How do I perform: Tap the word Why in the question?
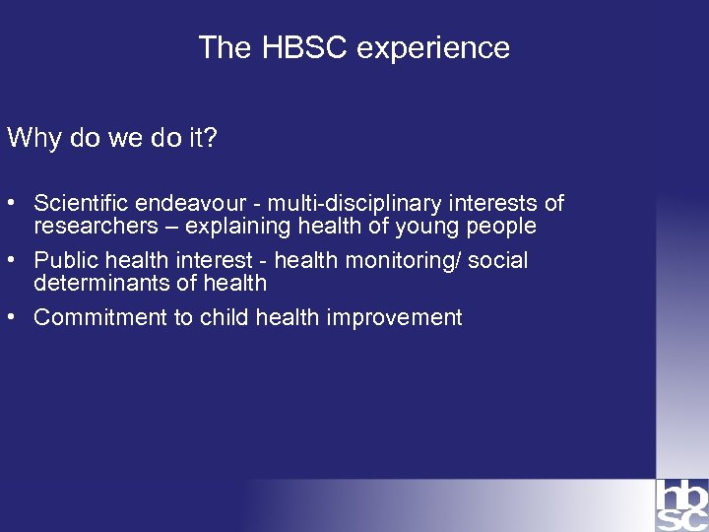(34, 138)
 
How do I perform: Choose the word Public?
(63, 260)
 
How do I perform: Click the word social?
(501, 260)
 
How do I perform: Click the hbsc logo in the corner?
(681, 504)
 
